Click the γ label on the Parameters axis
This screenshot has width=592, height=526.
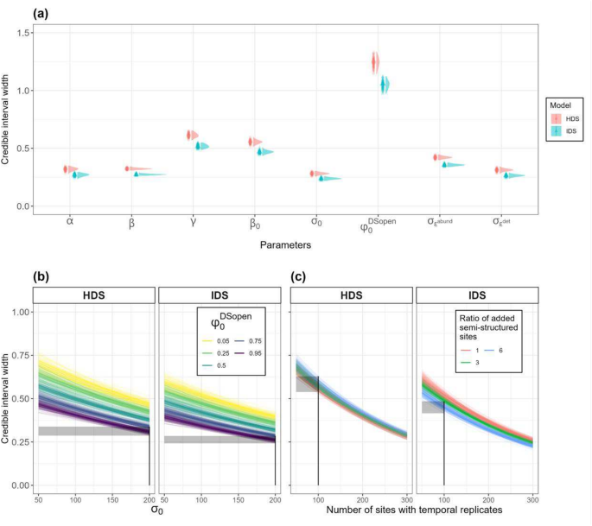point(191,222)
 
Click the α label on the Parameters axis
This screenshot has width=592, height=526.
point(69,222)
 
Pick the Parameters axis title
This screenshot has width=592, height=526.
point(286,245)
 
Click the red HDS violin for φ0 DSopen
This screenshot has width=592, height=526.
point(375,62)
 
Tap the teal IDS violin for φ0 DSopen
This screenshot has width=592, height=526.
point(385,85)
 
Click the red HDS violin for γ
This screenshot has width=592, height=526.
point(191,135)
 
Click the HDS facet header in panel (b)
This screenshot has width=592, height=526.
point(95,295)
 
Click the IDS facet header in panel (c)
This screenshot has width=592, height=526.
point(473,295)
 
